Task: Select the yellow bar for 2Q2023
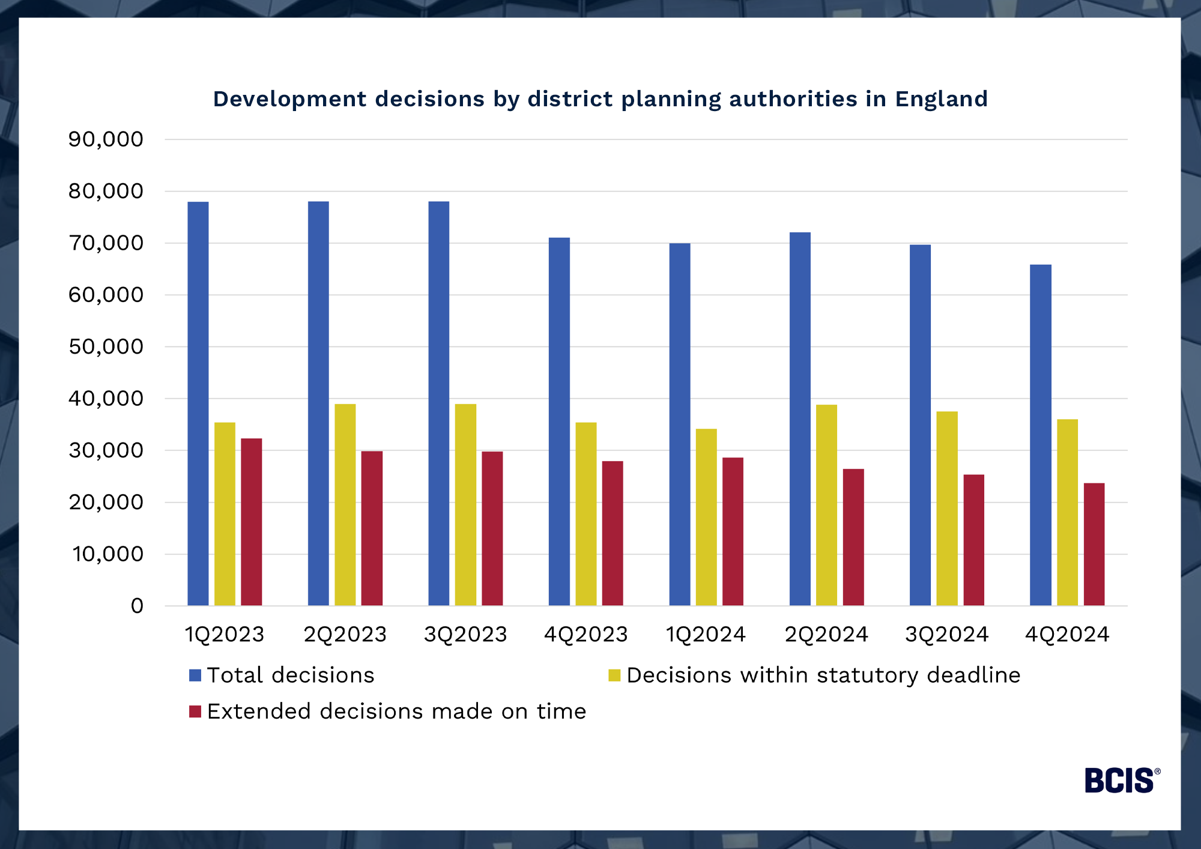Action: point(345,504)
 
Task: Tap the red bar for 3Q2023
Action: point(492,528)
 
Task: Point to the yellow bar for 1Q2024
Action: point(706,517)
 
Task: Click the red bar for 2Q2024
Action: point(853,537)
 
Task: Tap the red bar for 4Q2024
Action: point(1094,544)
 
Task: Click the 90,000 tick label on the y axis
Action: point(106,139)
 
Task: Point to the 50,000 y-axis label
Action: point(106,346)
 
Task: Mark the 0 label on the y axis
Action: point(137,606)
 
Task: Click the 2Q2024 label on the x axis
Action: point(826,634)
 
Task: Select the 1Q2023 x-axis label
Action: point(225,634)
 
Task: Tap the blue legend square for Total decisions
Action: point(195,675)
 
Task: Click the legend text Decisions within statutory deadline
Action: point(823,675)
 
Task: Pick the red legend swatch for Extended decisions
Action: point(195,712)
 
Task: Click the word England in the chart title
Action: point(941,99)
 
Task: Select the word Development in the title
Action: point(289,99)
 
